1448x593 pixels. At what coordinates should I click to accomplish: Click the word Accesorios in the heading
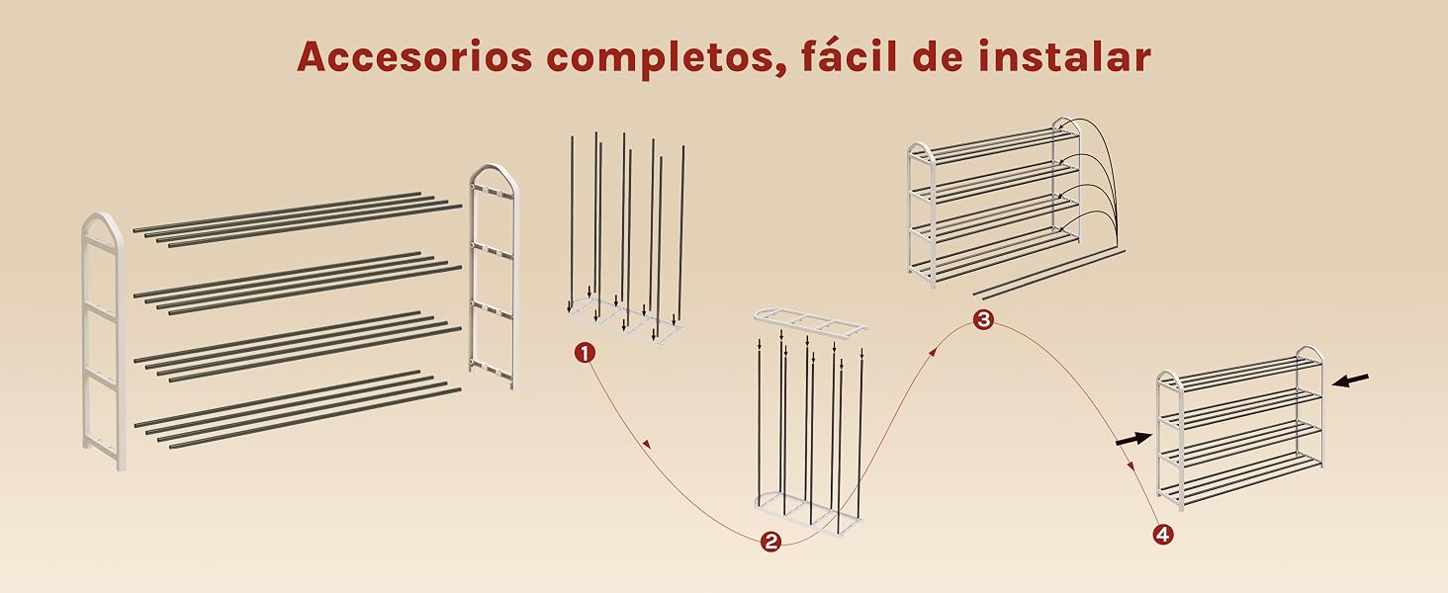coord(414,56)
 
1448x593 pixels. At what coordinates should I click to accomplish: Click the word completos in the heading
coord(659,58)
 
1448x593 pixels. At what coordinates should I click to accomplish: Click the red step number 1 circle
coord(585,354)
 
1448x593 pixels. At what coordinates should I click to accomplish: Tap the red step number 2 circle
coord(769,542)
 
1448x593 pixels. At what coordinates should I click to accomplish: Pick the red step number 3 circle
coord(983,319)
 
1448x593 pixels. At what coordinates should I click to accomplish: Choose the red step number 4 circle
coord(1162,535)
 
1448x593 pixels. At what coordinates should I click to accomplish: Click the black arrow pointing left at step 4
coord(1350,380)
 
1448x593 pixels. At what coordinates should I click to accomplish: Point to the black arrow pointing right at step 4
coord(1133,439)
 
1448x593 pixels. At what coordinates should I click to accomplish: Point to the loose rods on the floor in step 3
coord(1050,273)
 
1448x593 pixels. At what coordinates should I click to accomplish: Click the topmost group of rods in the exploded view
coord(298,219)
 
